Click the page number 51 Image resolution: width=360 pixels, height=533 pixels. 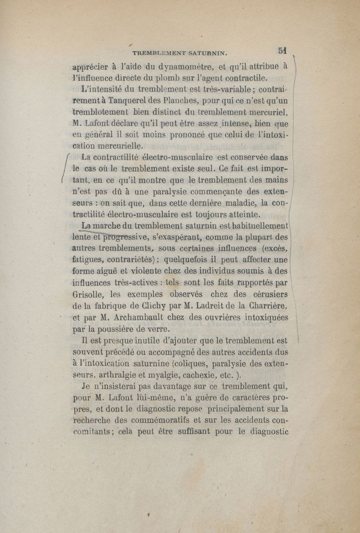(283, 50)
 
